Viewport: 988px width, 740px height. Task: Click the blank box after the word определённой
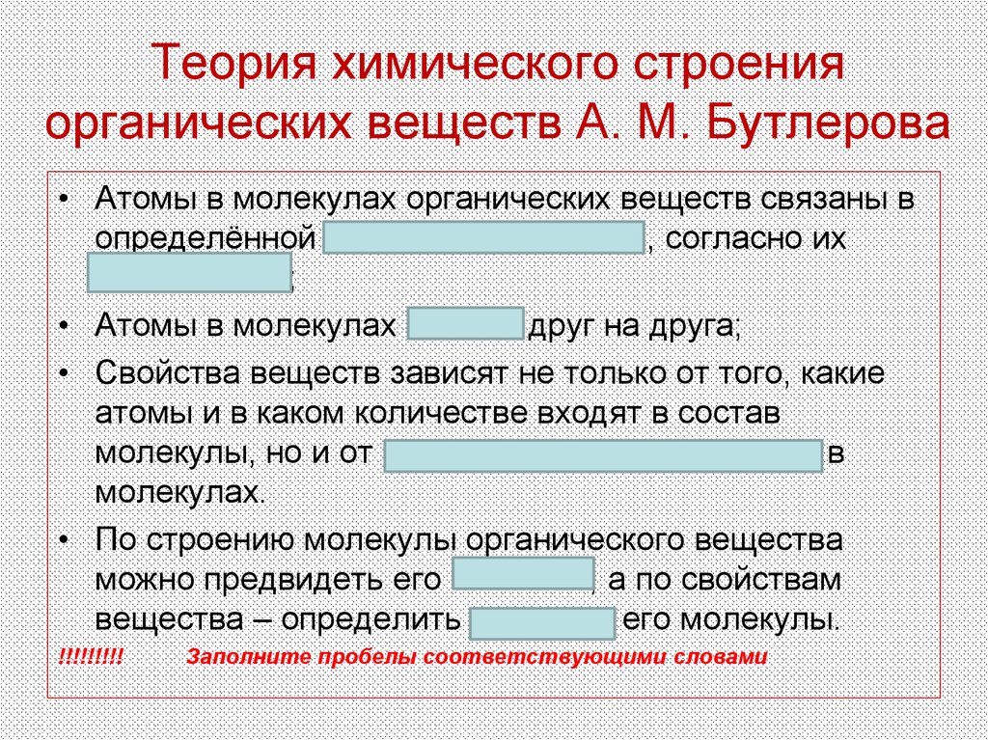pyautogui.click(x=483, y=237)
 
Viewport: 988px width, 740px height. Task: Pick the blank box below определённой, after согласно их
pyautogui.click(x=189, y=273)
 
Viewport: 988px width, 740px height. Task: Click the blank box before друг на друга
pyautogui.click(x=466, y=326)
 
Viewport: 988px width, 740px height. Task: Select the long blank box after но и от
pyautogui.click(x=603, y=455)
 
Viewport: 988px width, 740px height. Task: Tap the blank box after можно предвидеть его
pyautogui.click(x=522, y=577)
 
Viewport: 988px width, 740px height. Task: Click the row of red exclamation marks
pyautogui.click(x=91, y=658)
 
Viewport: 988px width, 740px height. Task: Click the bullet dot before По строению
pyautogui.click(x=64, y=539)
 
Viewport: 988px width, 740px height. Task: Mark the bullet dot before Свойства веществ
pyautogui.click(x=64, y=373)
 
